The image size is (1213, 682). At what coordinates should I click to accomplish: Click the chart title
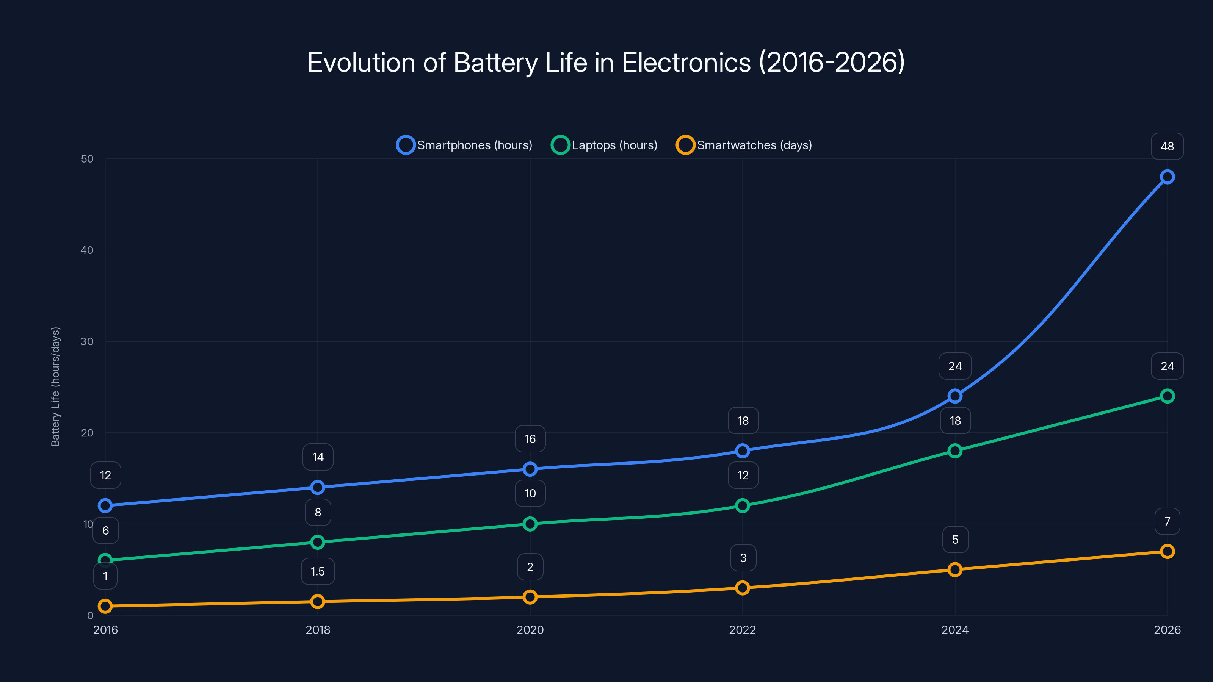click(x=606, y=62)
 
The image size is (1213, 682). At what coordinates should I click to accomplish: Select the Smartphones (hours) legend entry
click(x=465, y=145)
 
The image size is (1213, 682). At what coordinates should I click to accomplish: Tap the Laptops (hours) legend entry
click(x=605, y=145)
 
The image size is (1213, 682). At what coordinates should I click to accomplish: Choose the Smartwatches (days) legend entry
click(x=744, y=145)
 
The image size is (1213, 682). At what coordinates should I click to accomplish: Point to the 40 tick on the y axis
click(x=87, y=250)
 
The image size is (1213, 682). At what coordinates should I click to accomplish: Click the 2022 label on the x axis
click(x=742, y=630)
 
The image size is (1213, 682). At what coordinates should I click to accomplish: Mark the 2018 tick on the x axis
click(x=318, y=630)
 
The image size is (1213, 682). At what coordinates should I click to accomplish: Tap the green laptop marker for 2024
click(x=955, y=451)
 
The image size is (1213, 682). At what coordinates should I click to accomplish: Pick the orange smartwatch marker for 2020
click(x=530, y=597)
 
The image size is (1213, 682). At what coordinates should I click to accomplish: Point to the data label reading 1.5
click(x=318, y=571)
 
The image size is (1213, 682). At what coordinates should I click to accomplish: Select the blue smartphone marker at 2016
click(x=105, y=505)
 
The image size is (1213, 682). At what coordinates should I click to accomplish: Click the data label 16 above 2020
click(x=530, y=439)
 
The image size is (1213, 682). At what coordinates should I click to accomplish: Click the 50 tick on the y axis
click(x=87, y=159)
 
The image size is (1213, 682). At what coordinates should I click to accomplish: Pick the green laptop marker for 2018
click(x=318, y=542)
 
